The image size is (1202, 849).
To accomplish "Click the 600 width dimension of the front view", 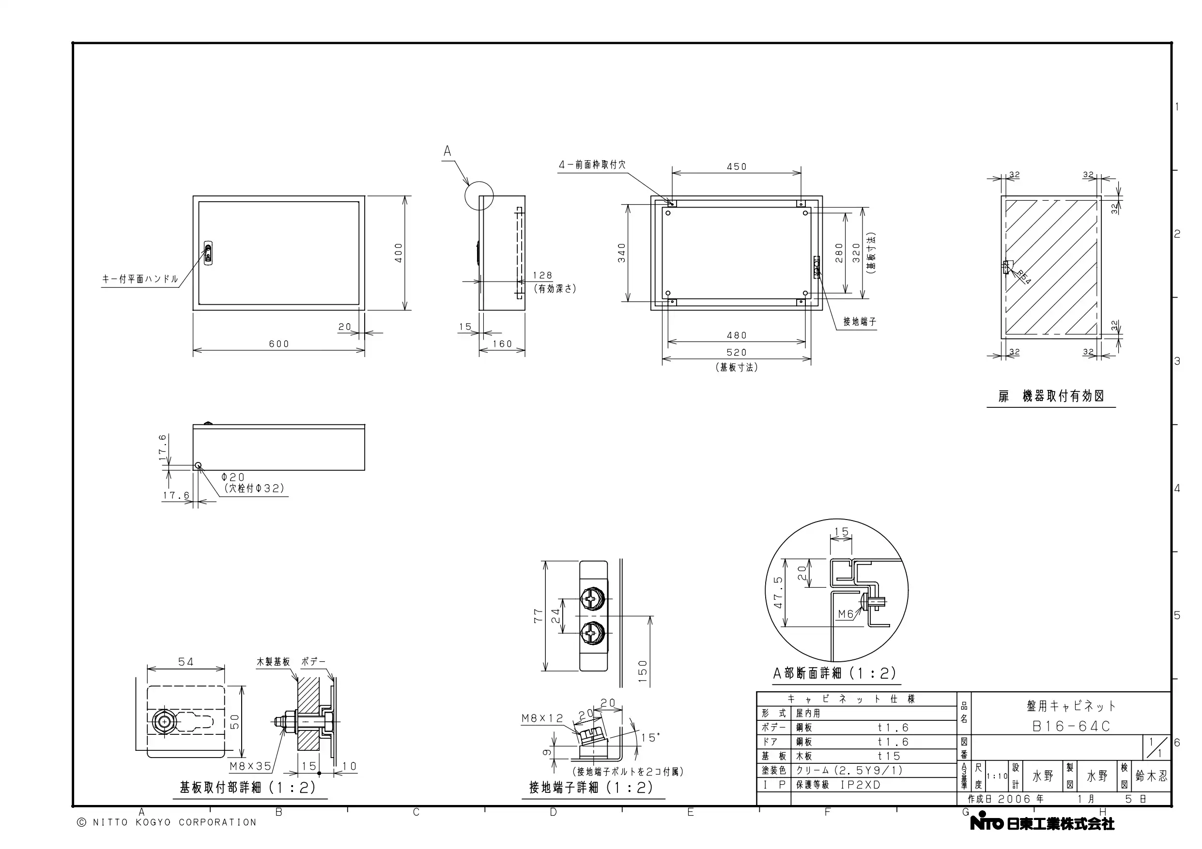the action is pos(279,343).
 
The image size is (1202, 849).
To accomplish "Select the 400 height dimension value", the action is pos(399,253).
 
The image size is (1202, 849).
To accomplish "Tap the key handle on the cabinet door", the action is pos(208,253).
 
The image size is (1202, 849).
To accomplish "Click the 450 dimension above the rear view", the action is pos(737,167).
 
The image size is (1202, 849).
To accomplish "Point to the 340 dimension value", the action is pos(622,253).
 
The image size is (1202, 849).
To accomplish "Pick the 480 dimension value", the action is pos(737,335).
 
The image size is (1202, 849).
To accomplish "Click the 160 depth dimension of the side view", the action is pos(502,343).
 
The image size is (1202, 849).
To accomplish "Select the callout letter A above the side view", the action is pos(447,151).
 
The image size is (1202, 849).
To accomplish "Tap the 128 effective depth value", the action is pos(542,276).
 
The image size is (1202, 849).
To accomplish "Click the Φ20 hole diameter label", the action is pos(233,477).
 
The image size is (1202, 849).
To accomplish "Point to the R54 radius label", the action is pos(1023,277).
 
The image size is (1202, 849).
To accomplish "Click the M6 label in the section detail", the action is pos(846,614).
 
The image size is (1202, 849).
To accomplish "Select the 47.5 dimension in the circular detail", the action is pos(778,592).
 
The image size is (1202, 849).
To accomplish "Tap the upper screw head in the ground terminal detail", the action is pos(592,598).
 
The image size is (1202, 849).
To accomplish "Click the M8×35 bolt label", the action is pos(251,766).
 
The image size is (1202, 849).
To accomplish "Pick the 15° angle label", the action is pos(650,738).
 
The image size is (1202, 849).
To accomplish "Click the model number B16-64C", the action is pos(1071,727).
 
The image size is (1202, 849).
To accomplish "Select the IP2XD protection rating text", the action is pos(861,785).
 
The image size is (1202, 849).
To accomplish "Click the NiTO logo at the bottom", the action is pos(986,823).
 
